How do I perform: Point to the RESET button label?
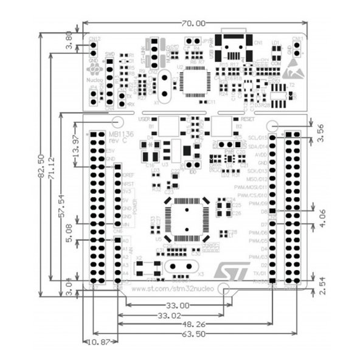[x=247, y=120]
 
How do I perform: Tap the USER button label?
[x=145, y=119]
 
